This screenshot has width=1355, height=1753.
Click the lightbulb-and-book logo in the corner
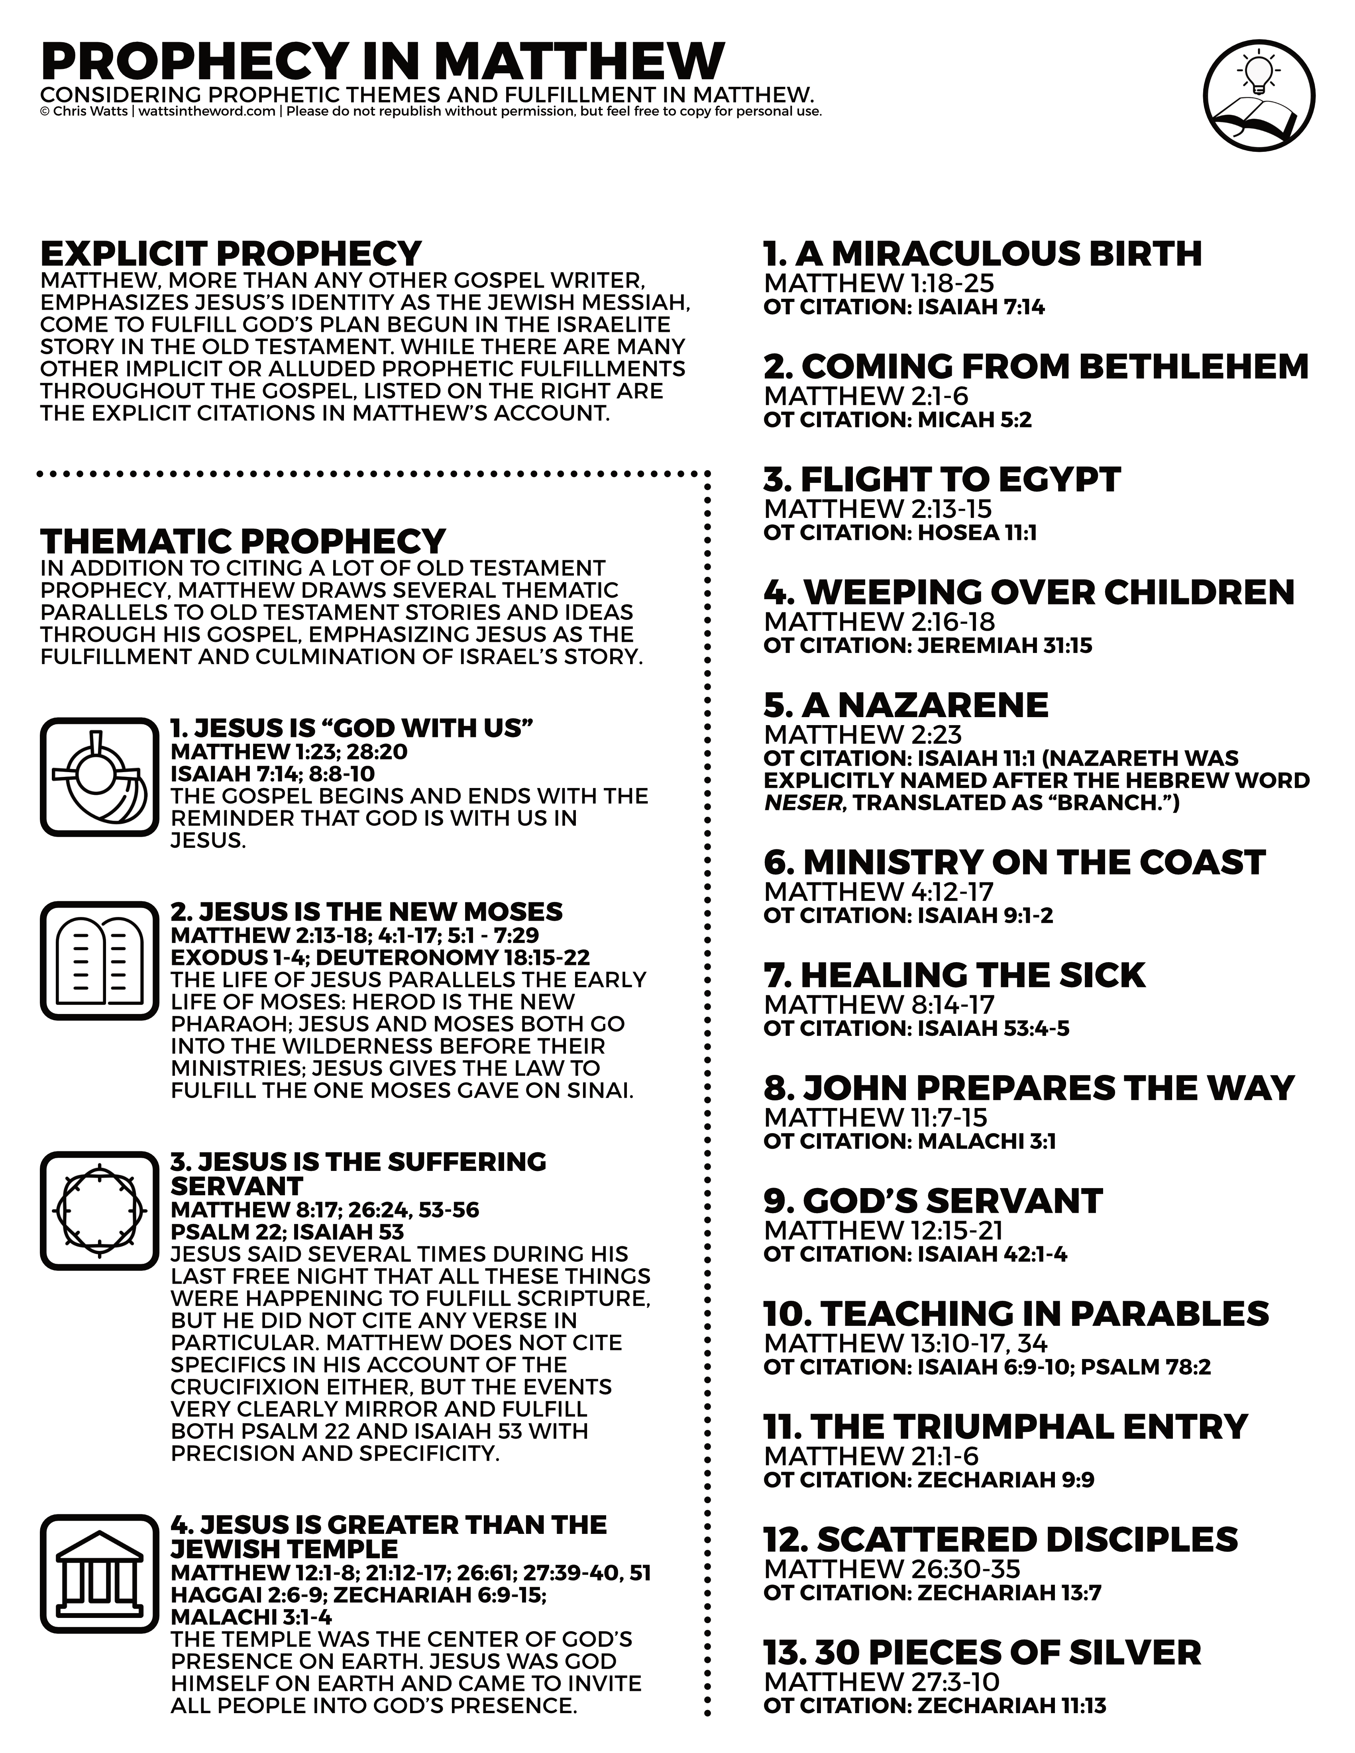tap(1259, 96)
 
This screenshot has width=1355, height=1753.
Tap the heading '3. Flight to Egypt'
tap(942, 480)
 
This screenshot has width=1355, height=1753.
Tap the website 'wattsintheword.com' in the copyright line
tap(207, 112)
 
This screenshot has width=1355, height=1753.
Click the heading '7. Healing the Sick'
tap(954, 975)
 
